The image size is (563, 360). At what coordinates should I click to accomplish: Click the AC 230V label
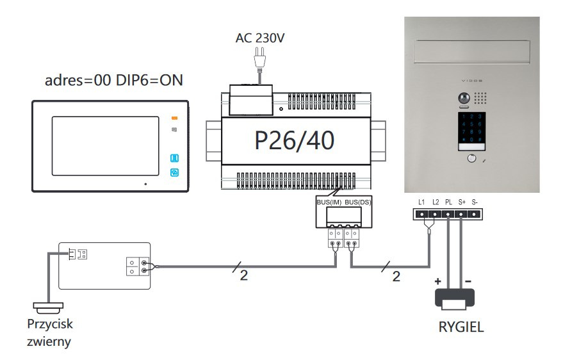[x=260, y=38]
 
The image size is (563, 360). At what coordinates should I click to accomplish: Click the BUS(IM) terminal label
[x=329, y=202]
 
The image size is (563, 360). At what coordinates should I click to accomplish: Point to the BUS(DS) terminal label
[x=357, y=202]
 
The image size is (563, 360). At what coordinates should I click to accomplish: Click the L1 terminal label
[x=421, y=202]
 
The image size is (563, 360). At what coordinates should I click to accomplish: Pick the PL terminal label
[x=448, y=202]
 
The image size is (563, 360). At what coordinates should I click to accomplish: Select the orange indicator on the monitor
[x=174, y=119]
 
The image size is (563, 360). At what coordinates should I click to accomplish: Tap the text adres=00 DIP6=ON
[x=113, y=81]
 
